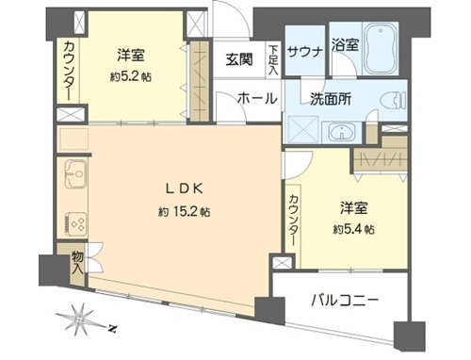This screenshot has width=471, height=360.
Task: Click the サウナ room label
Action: click(x=305, y=52)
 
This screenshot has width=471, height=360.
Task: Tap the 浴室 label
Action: click(x=345, y=45)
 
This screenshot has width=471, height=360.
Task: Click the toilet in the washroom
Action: click(x=393, y=101)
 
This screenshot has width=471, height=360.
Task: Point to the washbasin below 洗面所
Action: click(x=341, y=132)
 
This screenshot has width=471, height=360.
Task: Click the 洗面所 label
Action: click(x=331, y=100)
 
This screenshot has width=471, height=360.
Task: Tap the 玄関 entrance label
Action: click(x=239, y=59)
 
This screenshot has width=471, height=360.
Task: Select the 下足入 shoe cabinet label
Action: click(x=273, y=60)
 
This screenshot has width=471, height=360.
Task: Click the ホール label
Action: click(x=258, y=99)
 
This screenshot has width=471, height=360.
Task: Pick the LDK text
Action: click(x=185, y=188)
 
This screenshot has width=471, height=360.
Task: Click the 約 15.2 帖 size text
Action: click(x=185, y=213)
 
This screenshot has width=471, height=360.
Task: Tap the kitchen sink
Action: click(x=75, y=172)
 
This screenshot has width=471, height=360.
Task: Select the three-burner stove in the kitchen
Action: click(x=75, y=223)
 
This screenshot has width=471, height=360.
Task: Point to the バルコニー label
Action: click(x=345, y=301)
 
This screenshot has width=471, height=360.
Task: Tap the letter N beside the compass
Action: click(x=112, y=329)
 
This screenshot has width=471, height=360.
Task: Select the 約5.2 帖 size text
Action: click(x=131, y=77)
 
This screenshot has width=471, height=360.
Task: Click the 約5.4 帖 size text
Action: click(x=354, y=230)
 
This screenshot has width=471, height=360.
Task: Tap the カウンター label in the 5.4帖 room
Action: click(x=294, y=221)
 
